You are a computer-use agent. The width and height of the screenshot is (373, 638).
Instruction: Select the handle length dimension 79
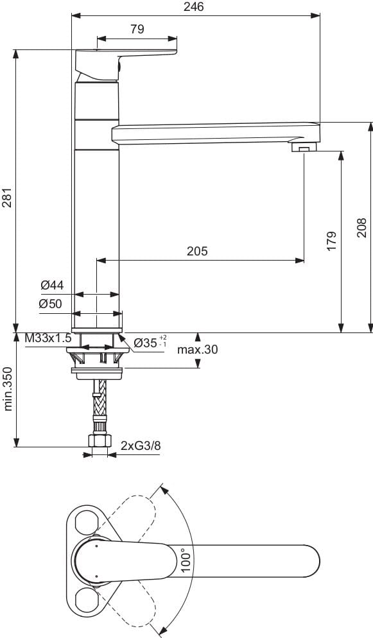point(137,29)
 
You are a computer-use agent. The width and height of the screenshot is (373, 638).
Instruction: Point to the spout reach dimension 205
point(197,252)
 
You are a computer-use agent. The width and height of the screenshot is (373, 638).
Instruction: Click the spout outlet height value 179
point(331,240)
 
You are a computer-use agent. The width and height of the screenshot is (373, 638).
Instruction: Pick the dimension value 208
point(362,227)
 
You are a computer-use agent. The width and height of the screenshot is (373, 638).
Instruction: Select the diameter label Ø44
point(51,284)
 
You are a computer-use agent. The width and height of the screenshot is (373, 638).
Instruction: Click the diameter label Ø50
point(51,304)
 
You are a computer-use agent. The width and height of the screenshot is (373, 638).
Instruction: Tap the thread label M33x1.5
point(48,338)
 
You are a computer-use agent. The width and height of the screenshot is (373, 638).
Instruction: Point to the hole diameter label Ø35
point(150,343)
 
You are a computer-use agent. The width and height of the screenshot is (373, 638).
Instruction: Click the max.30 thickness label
point(198,350)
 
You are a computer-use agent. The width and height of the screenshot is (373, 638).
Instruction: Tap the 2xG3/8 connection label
point(141,445)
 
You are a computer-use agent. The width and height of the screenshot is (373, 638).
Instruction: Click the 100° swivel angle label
point(186,560)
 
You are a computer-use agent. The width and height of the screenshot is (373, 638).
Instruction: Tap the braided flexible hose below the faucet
point(99,404)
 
